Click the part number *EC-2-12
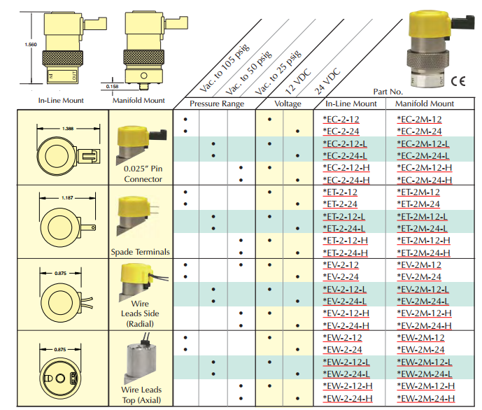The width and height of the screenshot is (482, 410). [x=341, y=119]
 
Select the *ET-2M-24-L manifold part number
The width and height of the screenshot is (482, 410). [x=423, y=229]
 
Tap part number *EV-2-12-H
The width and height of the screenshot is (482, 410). [x=346, y=313]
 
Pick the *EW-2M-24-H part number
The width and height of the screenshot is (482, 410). [x=425, y=398]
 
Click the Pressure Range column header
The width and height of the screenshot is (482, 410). [x=218, y=104]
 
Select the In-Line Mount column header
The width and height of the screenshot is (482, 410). [x=351, y=104]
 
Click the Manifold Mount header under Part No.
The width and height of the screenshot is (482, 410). [x=425, y=104]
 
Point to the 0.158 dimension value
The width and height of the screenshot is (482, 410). [x=112, y=86]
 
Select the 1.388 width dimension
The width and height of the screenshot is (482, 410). [x=68, y=129]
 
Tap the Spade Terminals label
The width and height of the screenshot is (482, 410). [x=140, y=251]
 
